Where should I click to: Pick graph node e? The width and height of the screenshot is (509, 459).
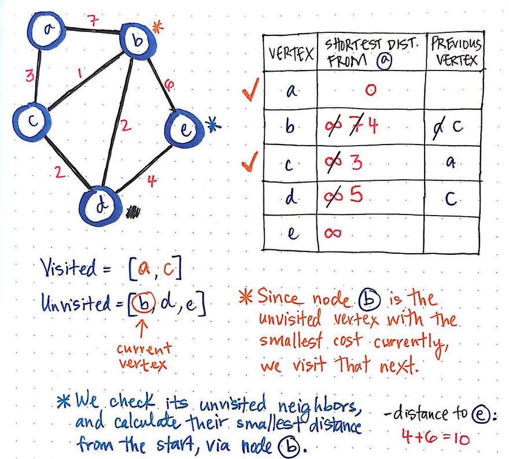(x=183, y=129)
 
